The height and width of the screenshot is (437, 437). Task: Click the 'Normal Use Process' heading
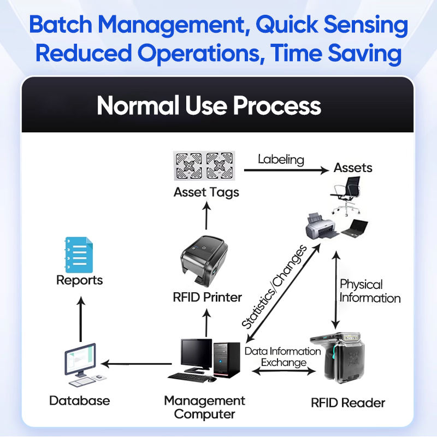coord(209,105)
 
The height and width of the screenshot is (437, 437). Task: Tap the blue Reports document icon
coord(79,255)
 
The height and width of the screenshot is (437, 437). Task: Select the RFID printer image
coord(204,261)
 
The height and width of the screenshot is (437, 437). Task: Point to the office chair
coord(346,196)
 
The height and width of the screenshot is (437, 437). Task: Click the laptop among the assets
coord(355,228)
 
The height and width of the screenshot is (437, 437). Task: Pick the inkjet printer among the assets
coord(321,226)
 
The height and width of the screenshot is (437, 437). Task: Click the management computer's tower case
coord(227,360)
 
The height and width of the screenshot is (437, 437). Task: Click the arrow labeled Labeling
coord(286,170)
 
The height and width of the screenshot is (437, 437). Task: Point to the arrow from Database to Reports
coord(81,319)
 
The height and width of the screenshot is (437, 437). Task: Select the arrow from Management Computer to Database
coord(136,364)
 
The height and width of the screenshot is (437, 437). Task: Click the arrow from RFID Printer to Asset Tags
coord(206,215)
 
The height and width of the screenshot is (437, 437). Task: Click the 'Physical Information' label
coord(370,291)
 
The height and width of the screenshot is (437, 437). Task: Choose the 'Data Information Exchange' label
coord(283,357)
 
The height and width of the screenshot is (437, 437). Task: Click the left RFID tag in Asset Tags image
coord(189,166)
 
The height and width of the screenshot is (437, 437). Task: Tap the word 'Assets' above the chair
coord(353,168)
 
